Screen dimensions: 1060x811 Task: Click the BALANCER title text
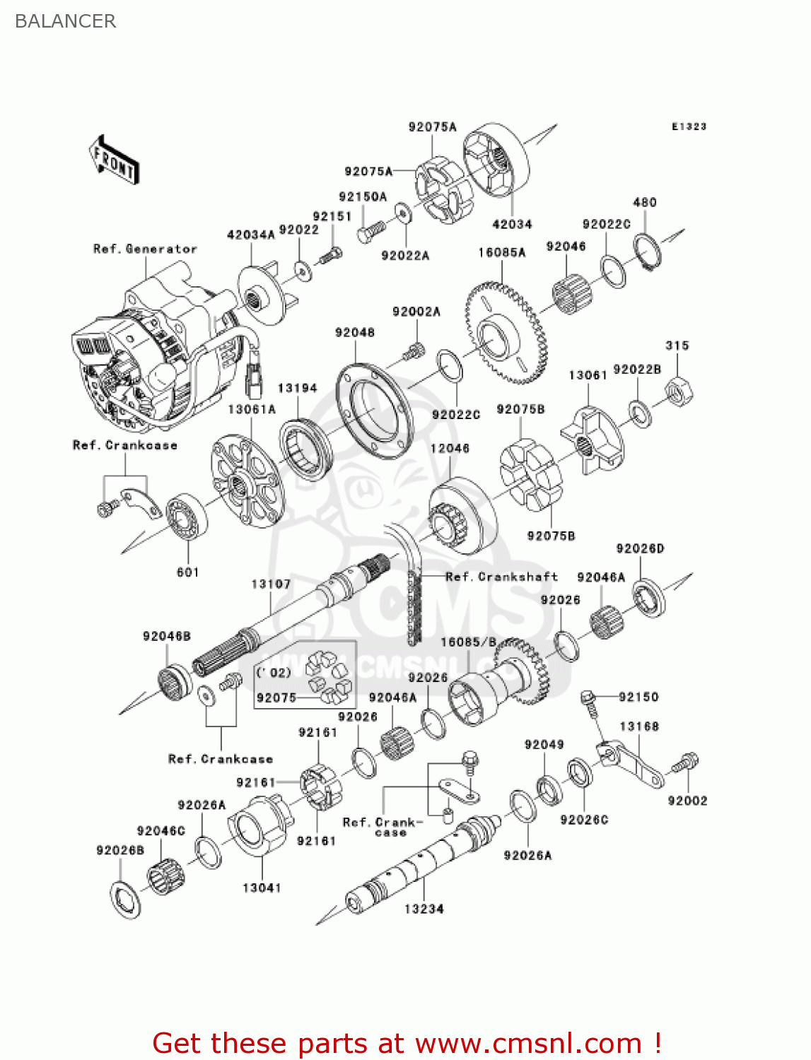[65, 21]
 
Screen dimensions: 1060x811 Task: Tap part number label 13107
[271, 584]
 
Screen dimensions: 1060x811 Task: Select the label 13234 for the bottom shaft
[424, 909]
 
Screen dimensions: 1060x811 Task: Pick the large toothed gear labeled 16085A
[506, 333]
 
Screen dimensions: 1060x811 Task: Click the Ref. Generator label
[145, 249]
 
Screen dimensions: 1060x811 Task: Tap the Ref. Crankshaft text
[501, 577]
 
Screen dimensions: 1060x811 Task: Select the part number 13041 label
[262, 888]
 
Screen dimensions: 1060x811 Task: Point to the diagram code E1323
[689, 126]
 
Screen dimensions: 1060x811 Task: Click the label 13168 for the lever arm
[639, 726]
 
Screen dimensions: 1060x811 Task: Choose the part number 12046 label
[450, 448]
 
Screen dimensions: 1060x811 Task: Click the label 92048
[355, 332]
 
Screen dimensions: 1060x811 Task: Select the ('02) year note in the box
[274, 672]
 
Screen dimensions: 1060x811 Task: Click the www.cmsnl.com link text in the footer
[527, 1043]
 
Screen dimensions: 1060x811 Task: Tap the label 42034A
[251, 235]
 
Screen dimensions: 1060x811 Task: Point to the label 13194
[297, 388]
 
